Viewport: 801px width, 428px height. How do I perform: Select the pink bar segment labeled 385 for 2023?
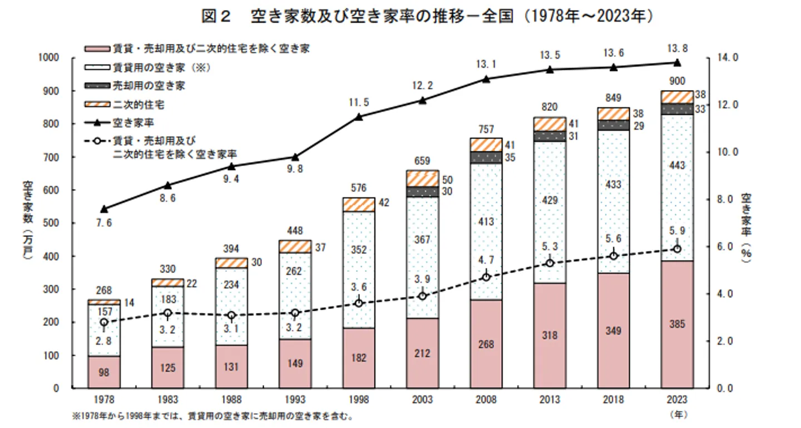[x=677, y=324]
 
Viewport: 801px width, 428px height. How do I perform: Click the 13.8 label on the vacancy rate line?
[x=677, y=48]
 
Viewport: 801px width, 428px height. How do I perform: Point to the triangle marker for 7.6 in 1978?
[x=104, y=209]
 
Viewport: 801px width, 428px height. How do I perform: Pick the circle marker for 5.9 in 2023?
[x=677, y=249]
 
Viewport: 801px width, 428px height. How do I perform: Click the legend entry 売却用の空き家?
[x=149, y=86]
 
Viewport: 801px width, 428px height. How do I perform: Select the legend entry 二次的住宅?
[x=139, y=104]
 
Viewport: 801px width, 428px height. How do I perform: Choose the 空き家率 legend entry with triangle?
[x=133, y=122]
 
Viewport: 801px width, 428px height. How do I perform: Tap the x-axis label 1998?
[x=359, y=400]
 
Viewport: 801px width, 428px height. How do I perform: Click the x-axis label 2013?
[x=550, y=400]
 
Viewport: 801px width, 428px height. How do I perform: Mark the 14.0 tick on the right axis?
[x=727, y=58]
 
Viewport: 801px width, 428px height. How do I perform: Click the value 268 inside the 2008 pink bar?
[x=486, y=344]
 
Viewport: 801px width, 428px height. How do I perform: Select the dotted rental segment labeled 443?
[x=677, y=165]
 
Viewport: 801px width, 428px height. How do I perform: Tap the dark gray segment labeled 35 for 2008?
[x=486, y=157]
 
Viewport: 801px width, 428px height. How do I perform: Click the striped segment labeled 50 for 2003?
[x=422, y=178]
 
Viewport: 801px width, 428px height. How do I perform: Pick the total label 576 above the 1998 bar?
[x=359, y=188]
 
